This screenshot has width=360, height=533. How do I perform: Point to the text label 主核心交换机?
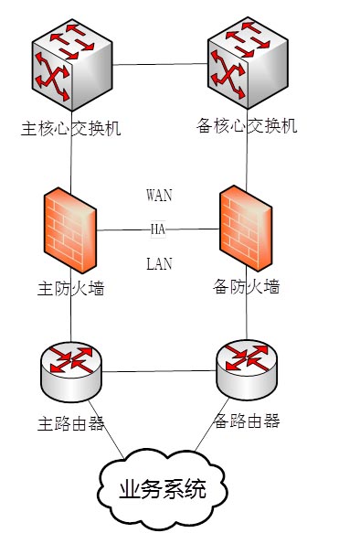coord(71,127)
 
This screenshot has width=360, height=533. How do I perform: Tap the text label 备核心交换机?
coord(248,125)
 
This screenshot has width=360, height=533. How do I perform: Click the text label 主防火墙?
coord(70,290)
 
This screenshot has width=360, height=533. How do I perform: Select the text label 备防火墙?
coord(246,287)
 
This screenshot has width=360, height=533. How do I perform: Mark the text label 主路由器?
coord(70,424)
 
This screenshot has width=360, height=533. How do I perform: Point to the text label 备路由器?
coord(246,421)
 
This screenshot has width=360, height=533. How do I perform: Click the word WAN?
coord(159,195)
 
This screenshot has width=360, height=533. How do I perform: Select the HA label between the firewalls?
coord(158,229)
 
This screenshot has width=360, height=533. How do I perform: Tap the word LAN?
coord(159,264)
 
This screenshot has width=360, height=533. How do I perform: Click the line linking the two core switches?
coord(160,64)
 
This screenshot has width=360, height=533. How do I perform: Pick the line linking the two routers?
coord(160,371)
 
